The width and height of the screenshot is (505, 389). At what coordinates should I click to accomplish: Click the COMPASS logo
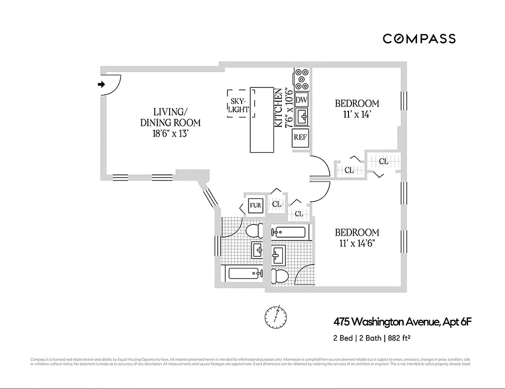pos(419,38)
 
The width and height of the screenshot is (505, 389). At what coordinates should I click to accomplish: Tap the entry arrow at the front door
pos(102,84)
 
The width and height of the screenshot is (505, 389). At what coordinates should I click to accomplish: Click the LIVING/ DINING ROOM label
pos(170,117)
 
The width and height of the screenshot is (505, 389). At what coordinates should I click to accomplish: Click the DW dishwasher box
pos(302,100)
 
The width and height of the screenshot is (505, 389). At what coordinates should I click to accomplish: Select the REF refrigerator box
pos(300,138)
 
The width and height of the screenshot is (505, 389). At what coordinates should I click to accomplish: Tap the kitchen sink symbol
pos(302,116)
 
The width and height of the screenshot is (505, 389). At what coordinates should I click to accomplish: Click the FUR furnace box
pos(256,205)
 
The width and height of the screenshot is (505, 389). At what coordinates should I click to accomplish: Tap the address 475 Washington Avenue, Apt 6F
pos(402,321)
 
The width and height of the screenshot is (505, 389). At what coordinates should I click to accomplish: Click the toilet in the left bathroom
pos(253,231)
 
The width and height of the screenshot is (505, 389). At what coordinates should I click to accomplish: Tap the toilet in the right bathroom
pos(280,275)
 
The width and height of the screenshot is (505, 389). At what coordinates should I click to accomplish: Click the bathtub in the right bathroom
pos(289,232)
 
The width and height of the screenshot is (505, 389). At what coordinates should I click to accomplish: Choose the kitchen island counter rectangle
pos(261,120)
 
